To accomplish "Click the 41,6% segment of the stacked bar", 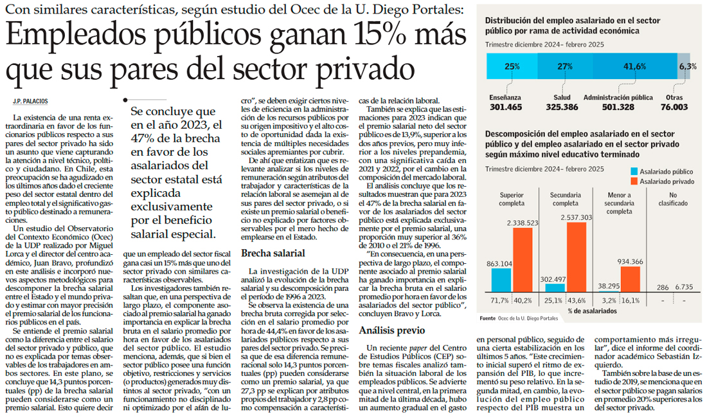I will [634, 66].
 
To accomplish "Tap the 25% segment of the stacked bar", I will [512, 66].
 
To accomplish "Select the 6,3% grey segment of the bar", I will [684, 66].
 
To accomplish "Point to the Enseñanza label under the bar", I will [505, 97].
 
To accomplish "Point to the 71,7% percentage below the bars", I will [499, 301].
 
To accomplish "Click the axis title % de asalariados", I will [591, 311].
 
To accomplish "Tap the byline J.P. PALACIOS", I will [31, 101].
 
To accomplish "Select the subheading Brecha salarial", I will [273, 254].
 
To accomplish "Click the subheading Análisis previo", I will [391, 330].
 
